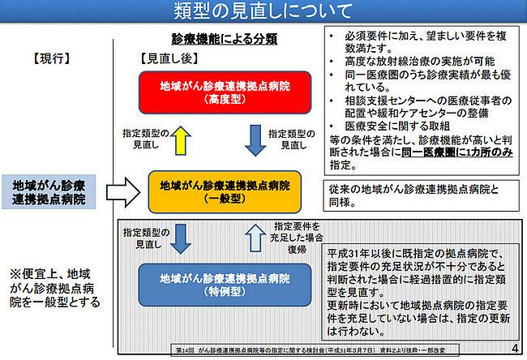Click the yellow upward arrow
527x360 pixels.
click(x=181, y=140)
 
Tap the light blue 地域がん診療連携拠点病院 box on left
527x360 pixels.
click(x=48, y=192)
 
